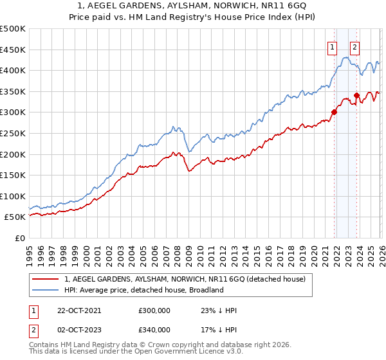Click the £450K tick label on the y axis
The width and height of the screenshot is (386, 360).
[13, 50]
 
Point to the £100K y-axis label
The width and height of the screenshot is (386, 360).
[13, 196]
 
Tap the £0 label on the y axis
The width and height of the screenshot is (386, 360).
[19, 238]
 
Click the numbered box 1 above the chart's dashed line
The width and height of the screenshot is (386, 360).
[332, 46]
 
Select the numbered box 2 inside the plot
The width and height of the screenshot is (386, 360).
[354, 46]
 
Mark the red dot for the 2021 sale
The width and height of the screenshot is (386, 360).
[334, 112]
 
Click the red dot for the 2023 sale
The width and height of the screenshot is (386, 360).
[356, 95]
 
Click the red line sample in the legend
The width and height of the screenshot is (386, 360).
[46, 279]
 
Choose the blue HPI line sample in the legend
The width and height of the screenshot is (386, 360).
[46, 290]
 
